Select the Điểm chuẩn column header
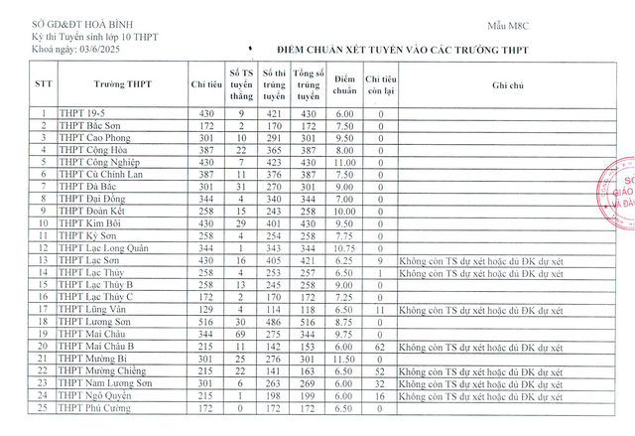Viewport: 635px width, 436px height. (x=344, y=84)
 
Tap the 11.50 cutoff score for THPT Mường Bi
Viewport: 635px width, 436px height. (x=344, y=358)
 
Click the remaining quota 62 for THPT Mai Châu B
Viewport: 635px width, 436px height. (x=379, y=347)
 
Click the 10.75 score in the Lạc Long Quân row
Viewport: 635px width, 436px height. (x=344, y=247)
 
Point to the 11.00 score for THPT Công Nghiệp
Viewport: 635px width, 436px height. (x=344, y=161)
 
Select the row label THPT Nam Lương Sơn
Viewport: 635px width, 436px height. (x=103, y=382)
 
